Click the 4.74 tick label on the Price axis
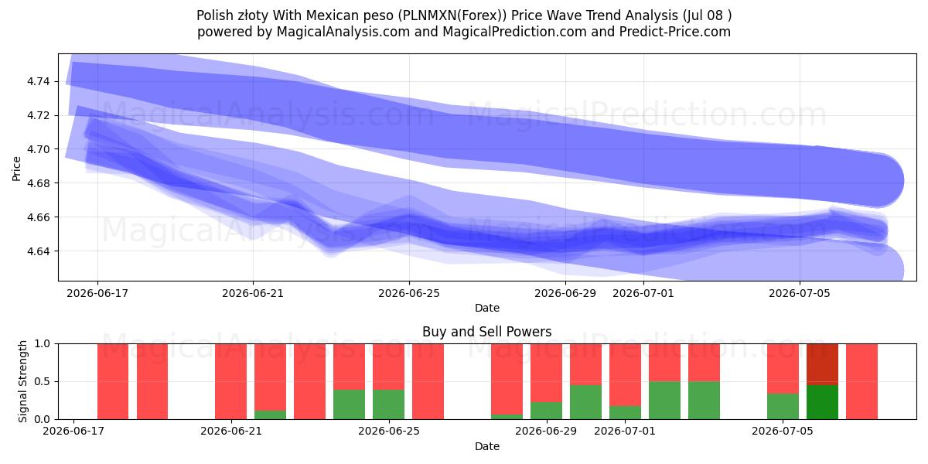(x=38, y=82)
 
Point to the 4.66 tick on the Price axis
(x=38, y=217)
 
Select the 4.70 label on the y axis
(x=38, y=149)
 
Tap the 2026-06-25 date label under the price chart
(x=409, y=293)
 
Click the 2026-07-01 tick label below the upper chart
(x=643, y=293)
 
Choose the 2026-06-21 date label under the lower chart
(x=231, y=432)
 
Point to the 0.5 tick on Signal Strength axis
(x=42, y=381)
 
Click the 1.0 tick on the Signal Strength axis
(x=42, y=344)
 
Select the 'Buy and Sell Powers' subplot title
(x=486, y=332)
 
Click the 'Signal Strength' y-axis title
(x=22, y=381)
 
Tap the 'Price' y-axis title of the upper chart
(x=16, y=169)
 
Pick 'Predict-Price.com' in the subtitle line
(x=675, y=32)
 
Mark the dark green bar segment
(x=822, y=402)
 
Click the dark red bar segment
(x=822, y=364)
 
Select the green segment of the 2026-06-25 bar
(x=388, y=404)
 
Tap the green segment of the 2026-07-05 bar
(x=783, y=407)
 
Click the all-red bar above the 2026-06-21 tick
(x=230, y=381)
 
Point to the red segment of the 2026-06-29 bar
(x=547, y=373)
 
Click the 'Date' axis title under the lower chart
(x=486, y=447)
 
